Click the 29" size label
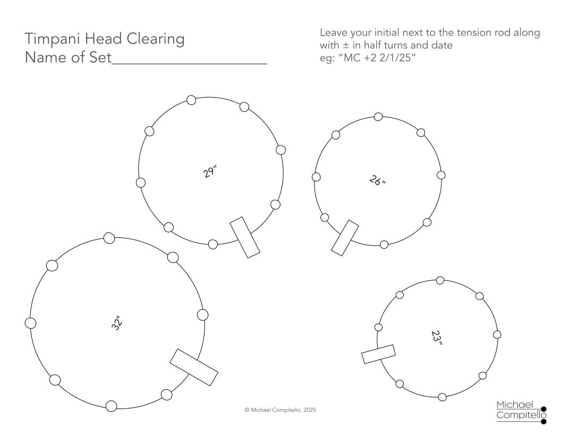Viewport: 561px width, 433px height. click(210, 171)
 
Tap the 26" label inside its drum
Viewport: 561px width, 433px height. click(378, 180)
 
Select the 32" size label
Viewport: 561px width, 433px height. click(117, 323)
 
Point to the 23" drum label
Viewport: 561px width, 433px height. click(437, 337)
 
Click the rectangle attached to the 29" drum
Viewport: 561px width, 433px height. click(245, 237)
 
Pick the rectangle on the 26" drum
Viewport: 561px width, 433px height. click(345, 238)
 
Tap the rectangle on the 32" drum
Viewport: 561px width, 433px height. click(193, 367)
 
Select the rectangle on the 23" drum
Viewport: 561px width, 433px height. click(379, 354)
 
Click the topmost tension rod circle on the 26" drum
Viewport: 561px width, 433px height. click(378, 117)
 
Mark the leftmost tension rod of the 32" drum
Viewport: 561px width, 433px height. click(31, 323)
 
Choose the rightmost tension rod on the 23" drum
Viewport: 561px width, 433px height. click(497, 335)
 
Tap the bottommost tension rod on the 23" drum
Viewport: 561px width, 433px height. click(442, 397)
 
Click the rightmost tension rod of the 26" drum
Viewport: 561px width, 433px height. click(441, 175)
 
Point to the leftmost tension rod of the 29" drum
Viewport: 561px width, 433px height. click(141, 183)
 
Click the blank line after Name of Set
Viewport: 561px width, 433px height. click(190, 63)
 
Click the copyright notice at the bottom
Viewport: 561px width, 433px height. click(280, 410)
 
